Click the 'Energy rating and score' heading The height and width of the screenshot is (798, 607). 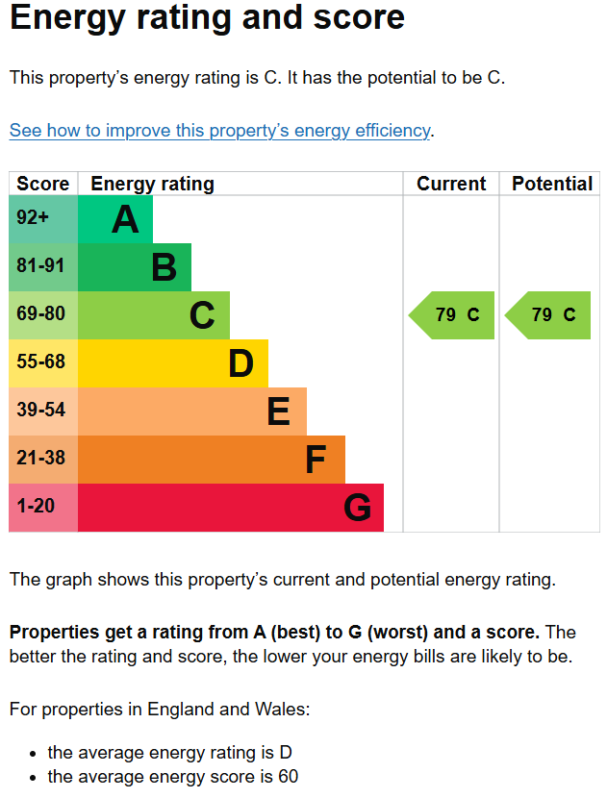coord(207,18)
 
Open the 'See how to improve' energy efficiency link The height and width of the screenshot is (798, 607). coord(219,131)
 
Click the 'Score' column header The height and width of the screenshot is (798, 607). coord(43,184)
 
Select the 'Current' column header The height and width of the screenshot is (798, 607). coord(451,184)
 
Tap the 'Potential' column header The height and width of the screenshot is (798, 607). coord(551,184)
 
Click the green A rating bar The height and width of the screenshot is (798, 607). coord(114,219)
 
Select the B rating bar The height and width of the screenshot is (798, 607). coord(134,267)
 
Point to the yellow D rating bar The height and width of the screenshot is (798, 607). coord(172,363)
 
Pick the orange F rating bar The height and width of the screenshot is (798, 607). coord(211,460)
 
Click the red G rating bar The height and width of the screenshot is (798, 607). coord(230,508)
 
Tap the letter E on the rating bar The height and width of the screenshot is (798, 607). coord(278,411)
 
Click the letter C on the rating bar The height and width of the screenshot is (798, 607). coord(202,315)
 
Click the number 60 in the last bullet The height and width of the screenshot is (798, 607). coord(288,777)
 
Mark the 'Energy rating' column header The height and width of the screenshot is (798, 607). coord(152,184)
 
